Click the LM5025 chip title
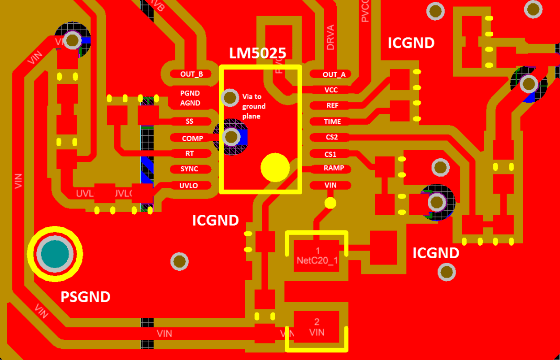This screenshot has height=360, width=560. [x=257, y=53]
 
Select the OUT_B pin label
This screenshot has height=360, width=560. [x=191, y=74]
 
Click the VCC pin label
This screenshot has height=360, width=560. [x=331, y=90]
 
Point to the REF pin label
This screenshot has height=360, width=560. [x=332, y=105]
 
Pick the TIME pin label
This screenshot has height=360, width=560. [x=332, y=121]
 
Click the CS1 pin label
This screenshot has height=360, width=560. [x=330, y=154]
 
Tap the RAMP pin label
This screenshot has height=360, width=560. [x=334, y=168]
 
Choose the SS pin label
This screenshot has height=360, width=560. [x=189, y=121]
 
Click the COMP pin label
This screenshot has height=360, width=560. [x=192, y=139]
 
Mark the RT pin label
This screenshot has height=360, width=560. [x=190, y=153]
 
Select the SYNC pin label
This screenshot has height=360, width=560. [x=189, y=169]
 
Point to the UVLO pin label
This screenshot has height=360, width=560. [x=189, y=185]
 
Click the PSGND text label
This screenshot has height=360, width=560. [x=85, y=297]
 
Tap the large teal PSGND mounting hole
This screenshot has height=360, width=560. [x=55, y=254]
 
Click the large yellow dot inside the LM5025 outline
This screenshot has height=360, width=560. [x=275, y=167]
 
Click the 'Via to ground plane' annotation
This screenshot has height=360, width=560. [x=254, y=106]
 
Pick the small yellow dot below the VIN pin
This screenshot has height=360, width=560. [x=330, y=203]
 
